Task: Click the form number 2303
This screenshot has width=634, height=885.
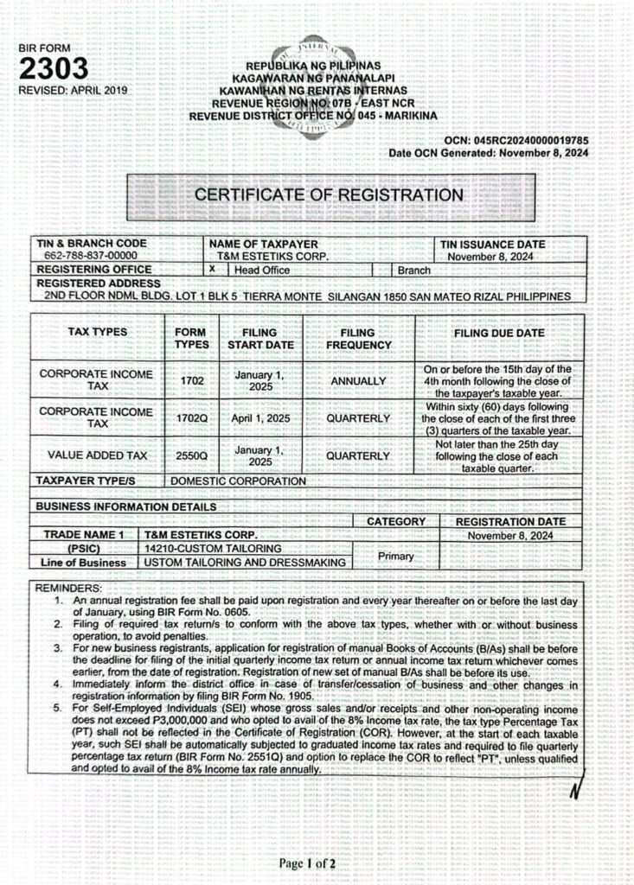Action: (53, 69)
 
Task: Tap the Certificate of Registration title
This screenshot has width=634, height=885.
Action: (329, 194)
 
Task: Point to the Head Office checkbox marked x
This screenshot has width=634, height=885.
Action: (212, 270)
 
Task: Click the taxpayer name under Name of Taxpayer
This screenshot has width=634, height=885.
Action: (268, 257)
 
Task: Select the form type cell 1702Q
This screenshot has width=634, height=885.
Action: (192, 418)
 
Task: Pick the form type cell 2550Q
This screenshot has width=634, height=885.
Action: (192, 455)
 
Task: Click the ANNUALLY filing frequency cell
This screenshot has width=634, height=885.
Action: (357, 380)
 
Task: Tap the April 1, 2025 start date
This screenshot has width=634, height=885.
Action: (259, 418)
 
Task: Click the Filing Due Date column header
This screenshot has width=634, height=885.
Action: (499, 333)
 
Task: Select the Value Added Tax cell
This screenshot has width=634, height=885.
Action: (98, 455)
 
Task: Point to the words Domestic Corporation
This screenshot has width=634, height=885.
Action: (238, 481)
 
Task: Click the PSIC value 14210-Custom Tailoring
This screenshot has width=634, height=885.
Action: (213, 549)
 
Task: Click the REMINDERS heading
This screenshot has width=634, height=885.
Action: (67, 588)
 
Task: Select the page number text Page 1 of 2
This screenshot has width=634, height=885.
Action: (307, 863)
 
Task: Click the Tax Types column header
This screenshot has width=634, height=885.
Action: (98, 332)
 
